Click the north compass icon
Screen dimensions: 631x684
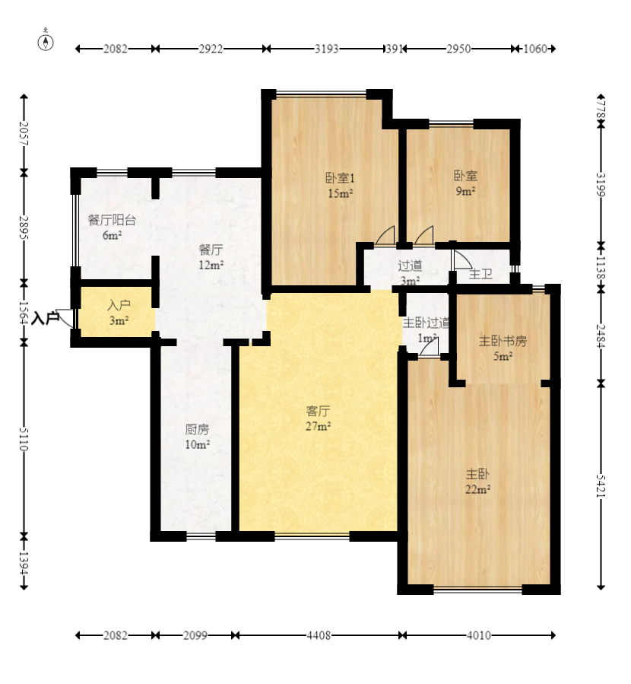point(46,40)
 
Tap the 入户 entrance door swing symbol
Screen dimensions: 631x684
point(66,317)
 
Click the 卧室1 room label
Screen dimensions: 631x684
point(340,177)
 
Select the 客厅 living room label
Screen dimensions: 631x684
point(318,411)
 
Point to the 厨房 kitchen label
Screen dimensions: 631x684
point(197,429)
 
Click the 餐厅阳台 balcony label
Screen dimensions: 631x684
point(112,220)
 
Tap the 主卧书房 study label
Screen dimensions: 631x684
point(503,341)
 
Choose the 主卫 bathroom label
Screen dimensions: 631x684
point(480,274)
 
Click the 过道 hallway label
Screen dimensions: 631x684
point(410,265)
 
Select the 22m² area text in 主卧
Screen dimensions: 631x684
point(477,489)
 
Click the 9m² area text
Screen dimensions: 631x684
point(465,191)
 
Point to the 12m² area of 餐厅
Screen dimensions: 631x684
point(211,265)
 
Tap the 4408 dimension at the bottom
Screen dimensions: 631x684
point(319,635)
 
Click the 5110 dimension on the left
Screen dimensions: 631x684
point(24,439)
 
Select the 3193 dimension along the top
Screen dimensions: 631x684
point(326,49)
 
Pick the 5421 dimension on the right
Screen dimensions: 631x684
point(601,485)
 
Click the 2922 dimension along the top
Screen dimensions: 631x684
point(211,49)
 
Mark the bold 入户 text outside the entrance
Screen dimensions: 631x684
point(46,318)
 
